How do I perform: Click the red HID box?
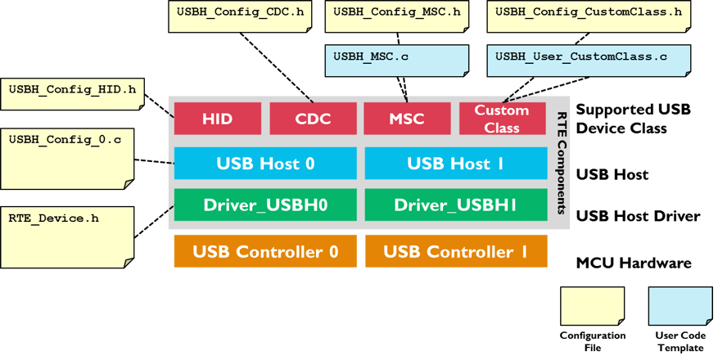[x=218, y=119]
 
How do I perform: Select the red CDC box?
[x=313, y=119]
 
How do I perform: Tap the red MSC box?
[x=407, y=119]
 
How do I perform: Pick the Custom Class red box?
[x=502, y=119]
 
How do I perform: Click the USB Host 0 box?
[x=265, y=163]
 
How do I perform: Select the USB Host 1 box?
[x=456, y=163]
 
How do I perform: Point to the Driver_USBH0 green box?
[x=265, y=205]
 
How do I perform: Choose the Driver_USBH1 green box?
[x=456, y=205]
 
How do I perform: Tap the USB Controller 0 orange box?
[x=265, y=251]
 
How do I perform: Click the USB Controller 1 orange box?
[x=456, y=251]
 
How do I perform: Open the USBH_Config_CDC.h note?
[x=240, y=16]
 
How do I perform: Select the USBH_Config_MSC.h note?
[x=396, y=16]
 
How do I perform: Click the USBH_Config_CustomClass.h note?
[x=589, y=16]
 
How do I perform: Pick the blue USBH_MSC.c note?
[x=396, y=61]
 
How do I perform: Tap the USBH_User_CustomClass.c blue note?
[x=589, y=61]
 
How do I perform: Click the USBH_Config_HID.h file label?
[x=72, y=88]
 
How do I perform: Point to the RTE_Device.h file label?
[x=54, y=218]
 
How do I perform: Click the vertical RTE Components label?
[x=561, y=162]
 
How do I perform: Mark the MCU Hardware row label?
[x=634, y=263]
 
